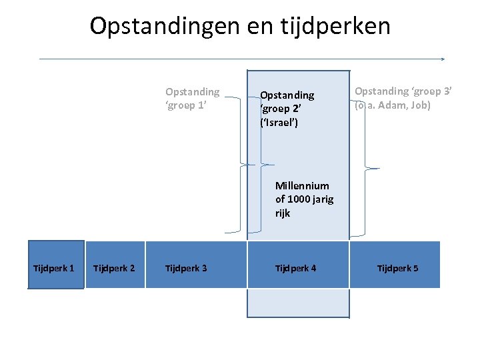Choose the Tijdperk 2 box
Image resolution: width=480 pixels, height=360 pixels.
coord(115,265)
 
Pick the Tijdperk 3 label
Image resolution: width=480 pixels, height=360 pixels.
coord(186,268)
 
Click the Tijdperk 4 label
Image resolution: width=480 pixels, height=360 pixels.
coord(296,268)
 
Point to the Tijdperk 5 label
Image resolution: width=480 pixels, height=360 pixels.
coord(398,268)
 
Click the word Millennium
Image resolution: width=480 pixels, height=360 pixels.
coord(302,186)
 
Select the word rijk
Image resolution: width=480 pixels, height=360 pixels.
coord(283,213)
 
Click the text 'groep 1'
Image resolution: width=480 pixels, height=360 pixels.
coord(185,105)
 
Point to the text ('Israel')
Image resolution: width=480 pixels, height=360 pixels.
coord(279,123)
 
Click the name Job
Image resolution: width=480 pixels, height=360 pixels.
coord(421,105)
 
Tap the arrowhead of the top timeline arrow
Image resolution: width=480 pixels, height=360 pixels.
coord(442,59)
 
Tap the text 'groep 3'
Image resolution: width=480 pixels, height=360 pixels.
coord(431,91)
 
